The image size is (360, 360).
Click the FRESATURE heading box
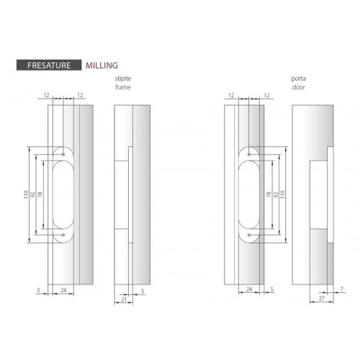point(49,65)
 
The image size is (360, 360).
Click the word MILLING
point(102,66)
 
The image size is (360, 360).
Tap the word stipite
point(123,78)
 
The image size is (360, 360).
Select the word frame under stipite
point(123,87)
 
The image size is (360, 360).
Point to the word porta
point(298,78)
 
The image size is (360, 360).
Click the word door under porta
point(298,87)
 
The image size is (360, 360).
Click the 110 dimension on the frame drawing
point(26,194)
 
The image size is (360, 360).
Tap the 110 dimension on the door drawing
point(282,194)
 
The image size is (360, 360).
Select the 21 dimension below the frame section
point(124,299)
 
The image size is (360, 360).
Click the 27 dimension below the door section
point(322,298)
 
